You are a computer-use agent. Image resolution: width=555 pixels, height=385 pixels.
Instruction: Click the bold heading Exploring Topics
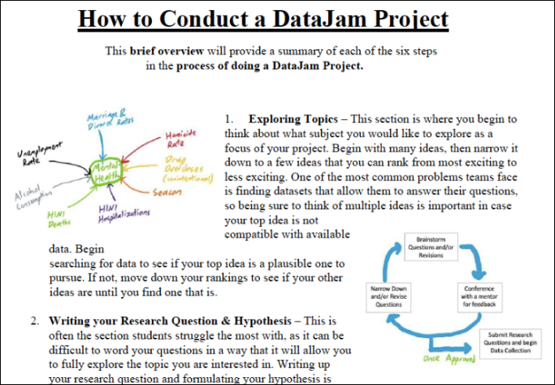294,119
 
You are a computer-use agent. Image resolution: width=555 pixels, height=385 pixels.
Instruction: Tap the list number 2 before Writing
35,321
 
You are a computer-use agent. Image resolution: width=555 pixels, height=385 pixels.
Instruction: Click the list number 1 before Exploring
229,119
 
